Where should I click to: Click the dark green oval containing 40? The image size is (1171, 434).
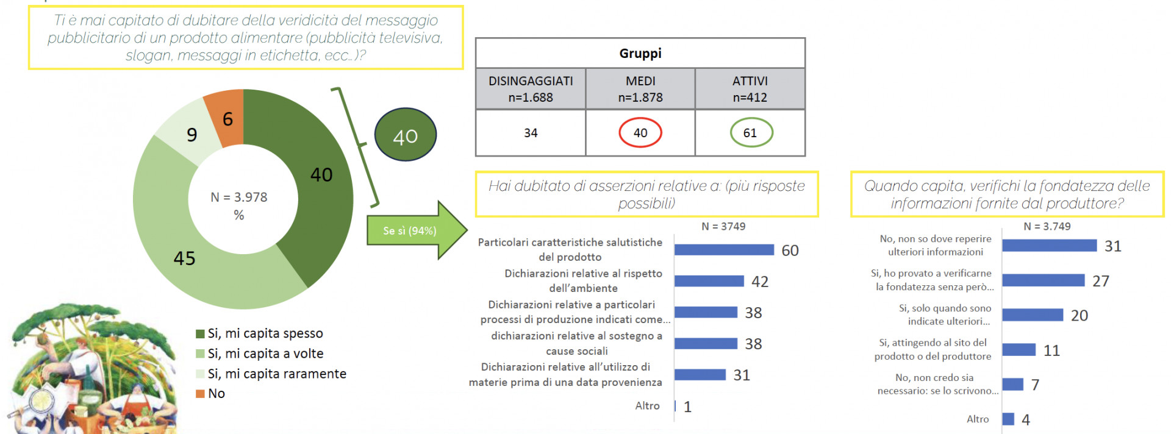(406, 135)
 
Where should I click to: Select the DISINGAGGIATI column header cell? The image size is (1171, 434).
(531, 89)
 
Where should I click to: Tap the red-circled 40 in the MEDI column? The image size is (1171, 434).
(640, 133)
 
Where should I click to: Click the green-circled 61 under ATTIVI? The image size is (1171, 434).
(751, 133)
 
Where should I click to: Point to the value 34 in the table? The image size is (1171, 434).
(531, 133)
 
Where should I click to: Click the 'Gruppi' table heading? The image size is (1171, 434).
(640, 54)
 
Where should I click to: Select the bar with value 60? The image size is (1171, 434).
(724, 250)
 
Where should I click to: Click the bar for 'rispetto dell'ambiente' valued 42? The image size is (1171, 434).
(709, 281)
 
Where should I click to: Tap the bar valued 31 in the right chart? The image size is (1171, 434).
(1049, 246)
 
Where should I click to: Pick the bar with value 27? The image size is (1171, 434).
(1043, 280)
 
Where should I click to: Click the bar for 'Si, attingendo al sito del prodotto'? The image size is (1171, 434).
(1019, 350)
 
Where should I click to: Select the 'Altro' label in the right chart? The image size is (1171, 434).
(978, 419)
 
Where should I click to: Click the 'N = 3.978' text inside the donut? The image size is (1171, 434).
(239, 197)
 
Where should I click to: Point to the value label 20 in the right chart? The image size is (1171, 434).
(1080, 316)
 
